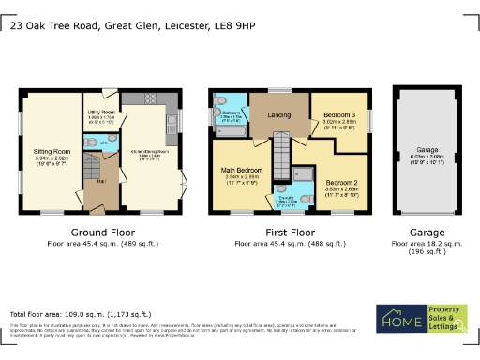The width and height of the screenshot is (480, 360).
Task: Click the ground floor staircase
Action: click(91, 172)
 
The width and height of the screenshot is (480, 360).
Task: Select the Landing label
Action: click(279, 115)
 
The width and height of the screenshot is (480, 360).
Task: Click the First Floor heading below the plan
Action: click(289, 232)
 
